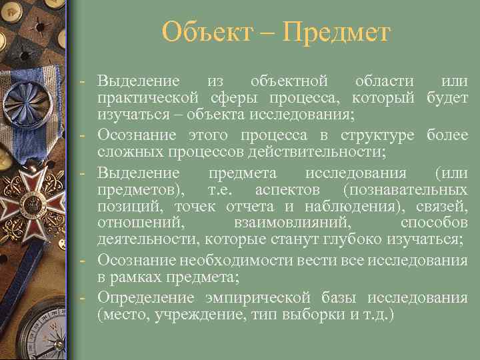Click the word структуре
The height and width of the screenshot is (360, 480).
point(377,136)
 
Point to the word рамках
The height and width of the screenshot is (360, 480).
point(133,277)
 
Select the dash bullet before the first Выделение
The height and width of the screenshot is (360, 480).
point(80,81)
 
